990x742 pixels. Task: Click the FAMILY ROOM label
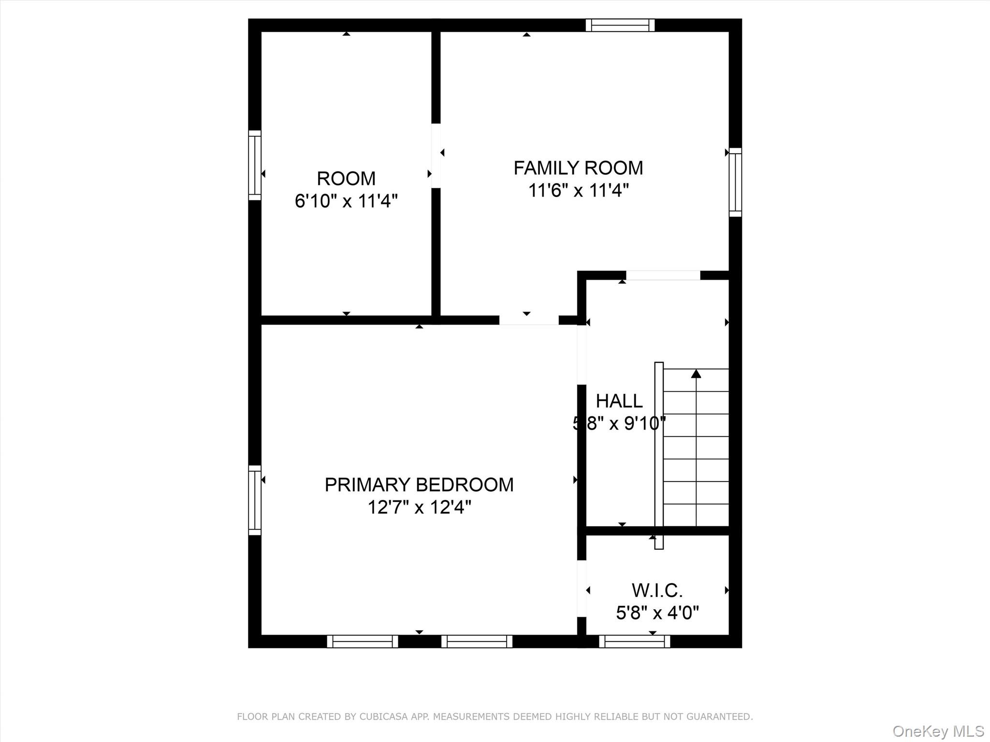coord(578,168)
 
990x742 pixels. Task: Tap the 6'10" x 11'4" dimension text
coord(346,201)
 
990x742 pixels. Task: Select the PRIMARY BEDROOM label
coord(419,485)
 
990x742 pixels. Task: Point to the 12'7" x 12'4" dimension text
coord(419,507)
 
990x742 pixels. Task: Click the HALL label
coord(619,401)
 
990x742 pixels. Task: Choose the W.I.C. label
coord(657,590)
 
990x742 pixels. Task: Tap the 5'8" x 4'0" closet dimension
coord(657,613)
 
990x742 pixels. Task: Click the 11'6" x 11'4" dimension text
coord(578,191)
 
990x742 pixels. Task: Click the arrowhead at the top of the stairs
coord(696,373)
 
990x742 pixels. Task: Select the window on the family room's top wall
coord(620,25)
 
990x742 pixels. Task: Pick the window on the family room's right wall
coord(735,182)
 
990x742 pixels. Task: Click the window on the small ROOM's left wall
coord(255,165)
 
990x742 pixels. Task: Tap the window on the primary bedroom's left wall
coord(255,500)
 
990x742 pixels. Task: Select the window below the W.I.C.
coord(635,642)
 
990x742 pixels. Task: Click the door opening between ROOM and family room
coord(436,156)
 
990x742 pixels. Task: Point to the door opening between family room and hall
coord(663,275)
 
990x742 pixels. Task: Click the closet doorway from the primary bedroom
coord(582,588)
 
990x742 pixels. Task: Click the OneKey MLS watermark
coord(938,731)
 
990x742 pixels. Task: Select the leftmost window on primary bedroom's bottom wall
coord(363,642)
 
